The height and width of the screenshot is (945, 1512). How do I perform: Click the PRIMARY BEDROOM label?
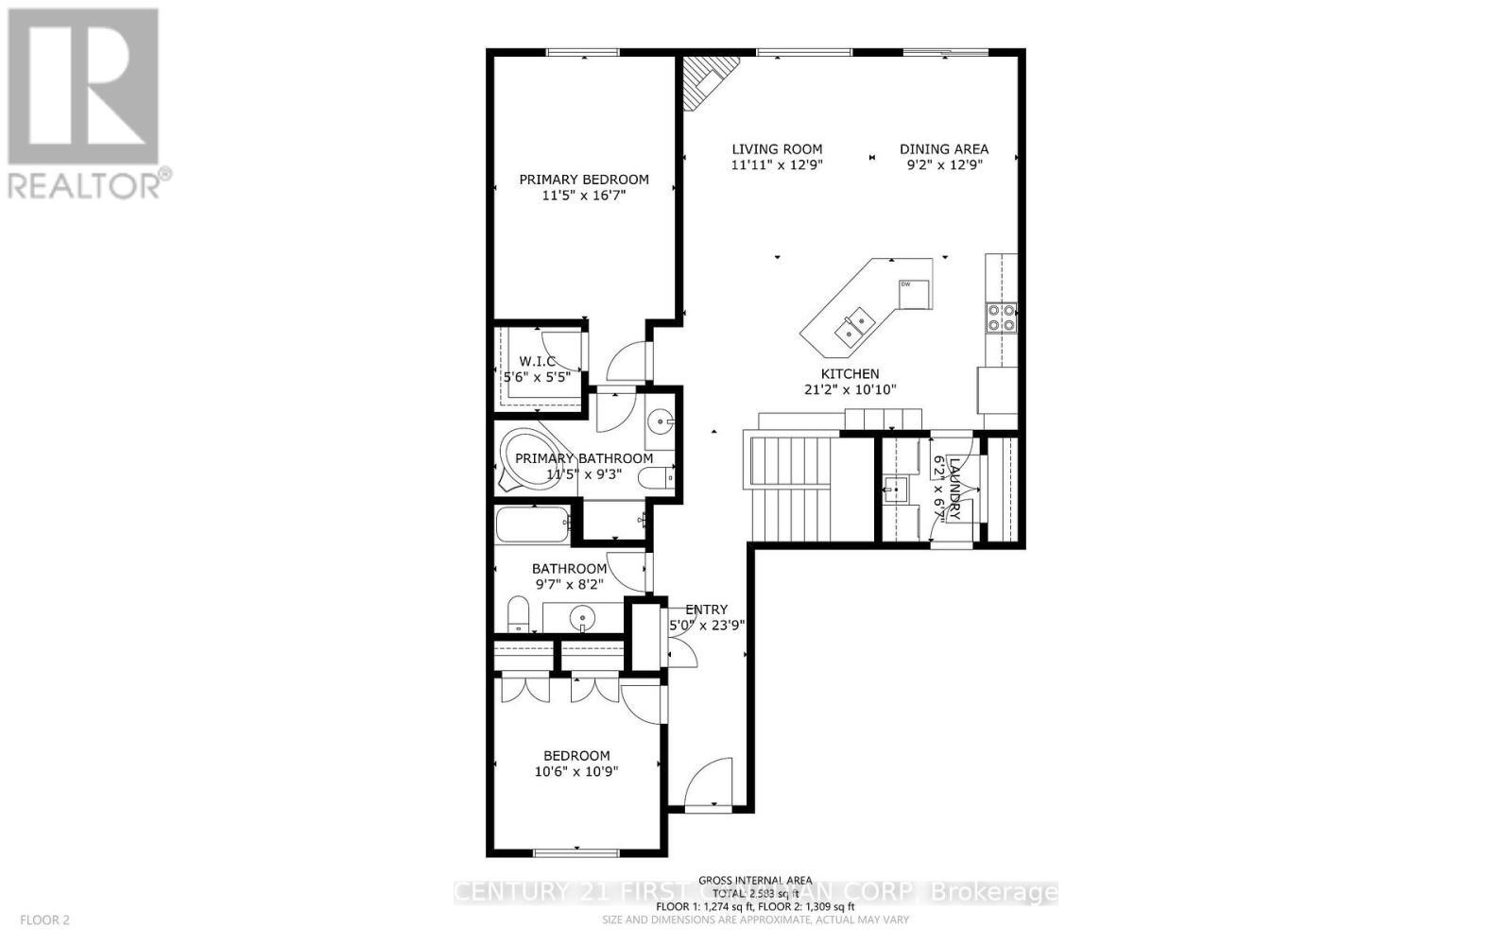pyautogui.click(x=584, y=180)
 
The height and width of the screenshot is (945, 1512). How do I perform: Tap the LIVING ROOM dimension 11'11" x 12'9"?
pyautogui.click(x=777, y=164)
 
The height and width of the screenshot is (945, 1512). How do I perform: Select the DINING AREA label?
pyautogui.click(x=943, y=149)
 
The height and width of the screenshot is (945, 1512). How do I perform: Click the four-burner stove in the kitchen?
pyautogui.click(x=1001, y=318)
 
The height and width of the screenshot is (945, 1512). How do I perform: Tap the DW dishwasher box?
pyautogui.click(x=914, y=294)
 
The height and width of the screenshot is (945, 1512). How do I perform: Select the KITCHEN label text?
pyautogui.click(x=850, y=374)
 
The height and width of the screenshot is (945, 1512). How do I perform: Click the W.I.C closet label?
pyautogui.click(x=537, y=361)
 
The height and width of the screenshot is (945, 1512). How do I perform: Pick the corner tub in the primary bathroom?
pyautogui.click(x=525, y=459)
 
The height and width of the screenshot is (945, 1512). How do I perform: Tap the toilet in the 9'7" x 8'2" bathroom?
pyautogui.click(x=519, y=615)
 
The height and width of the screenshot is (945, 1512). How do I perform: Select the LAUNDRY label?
pyautogui.click(x=954, y=489)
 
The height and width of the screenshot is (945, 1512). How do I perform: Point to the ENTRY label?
pyautogui.click(x=706, y=610)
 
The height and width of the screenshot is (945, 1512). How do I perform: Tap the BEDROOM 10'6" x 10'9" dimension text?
pyautogui.click(x=576, y=771)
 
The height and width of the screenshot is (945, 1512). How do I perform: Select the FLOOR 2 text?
pyautogui.click(x=44, y=919)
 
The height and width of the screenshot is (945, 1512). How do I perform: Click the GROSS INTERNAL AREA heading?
pyautogui.click(x=755, y=879)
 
